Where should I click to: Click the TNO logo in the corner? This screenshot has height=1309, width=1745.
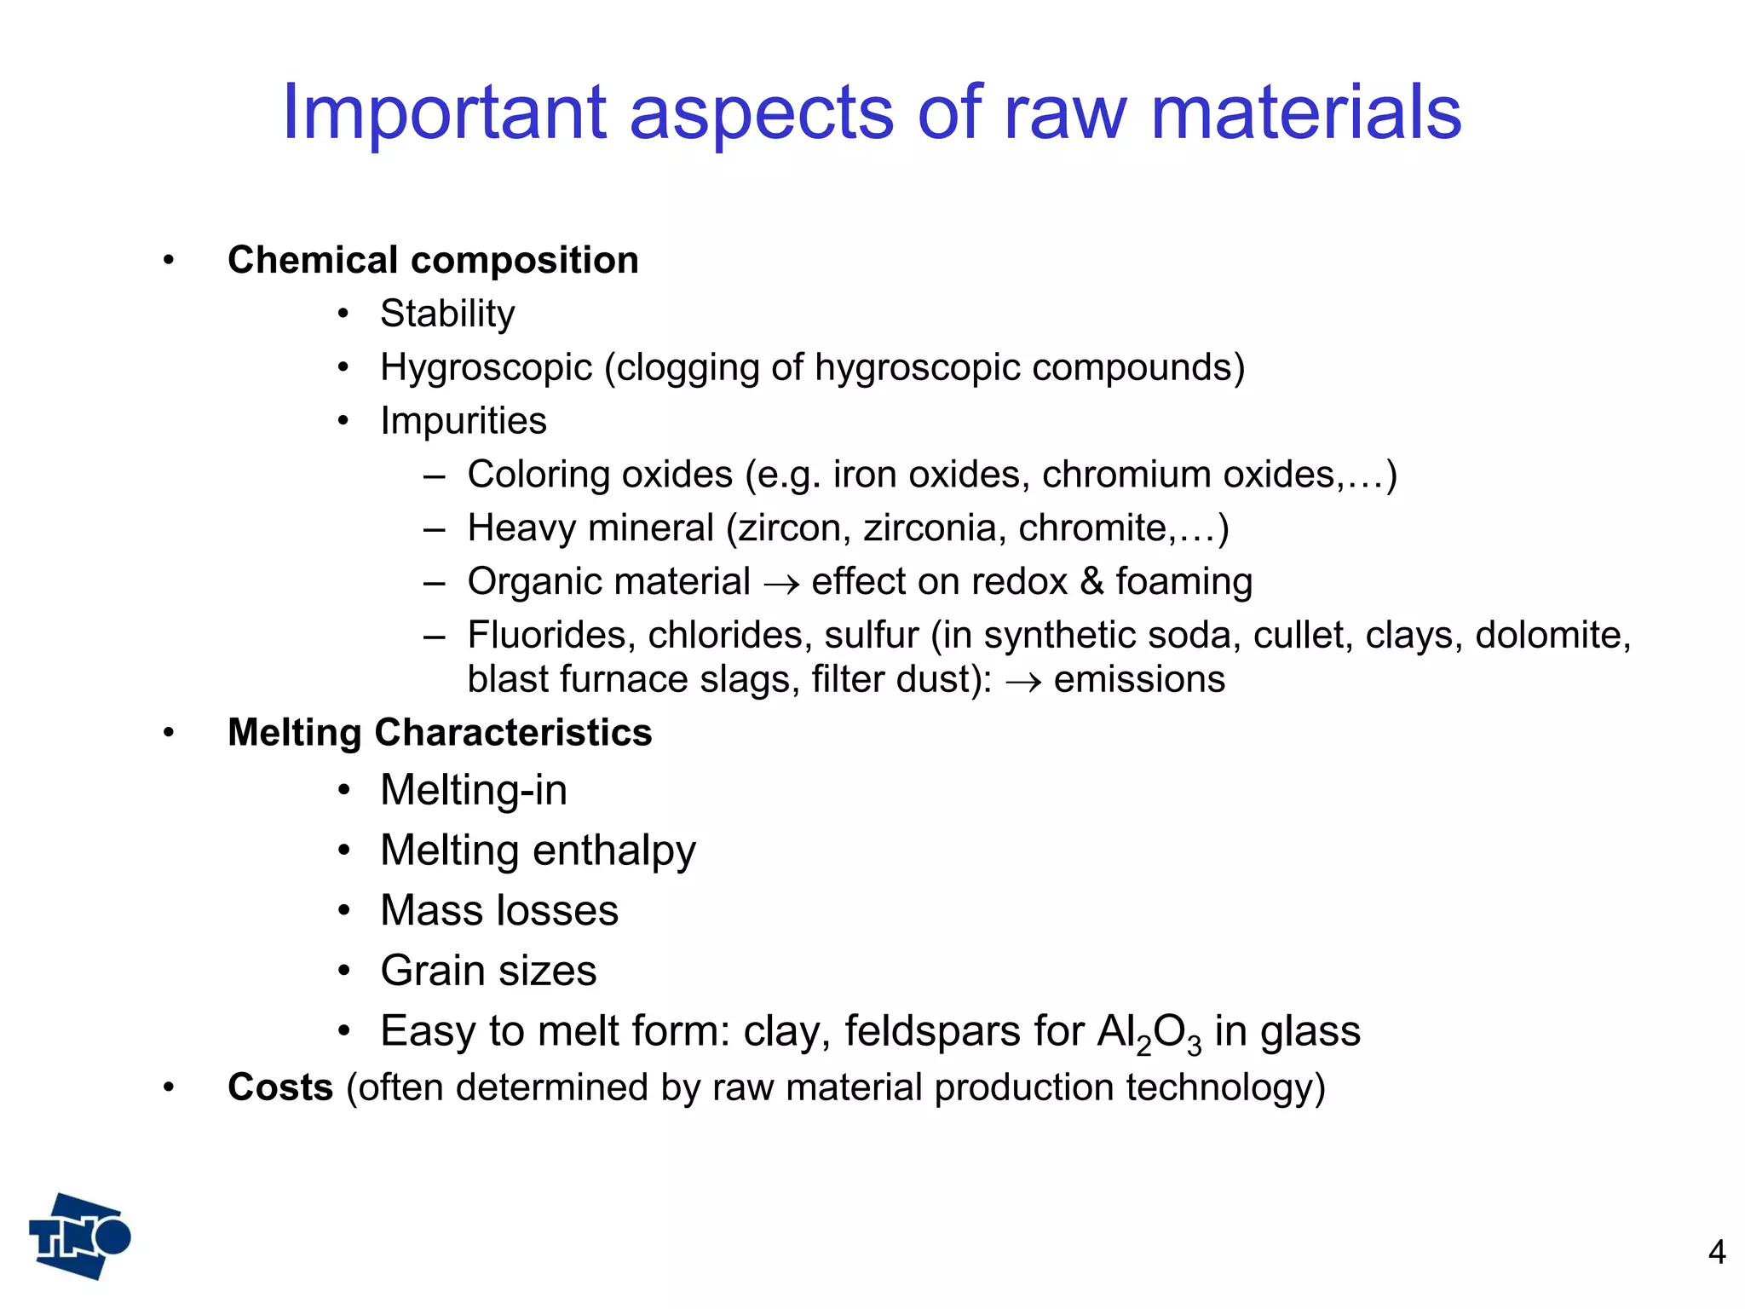pos(79,1237)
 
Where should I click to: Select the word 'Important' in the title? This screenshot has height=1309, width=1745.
pos(444,112)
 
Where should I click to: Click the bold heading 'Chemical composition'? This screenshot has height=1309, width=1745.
pos(433,260)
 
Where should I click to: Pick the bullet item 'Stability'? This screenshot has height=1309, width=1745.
pos(447,314)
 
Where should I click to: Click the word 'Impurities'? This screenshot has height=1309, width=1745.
pos(464,421)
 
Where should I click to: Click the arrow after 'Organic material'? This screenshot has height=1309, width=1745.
pos(780,584)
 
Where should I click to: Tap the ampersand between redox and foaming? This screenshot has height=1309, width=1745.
pos(1091,582)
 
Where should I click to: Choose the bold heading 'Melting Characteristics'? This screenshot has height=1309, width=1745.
pos(440,733)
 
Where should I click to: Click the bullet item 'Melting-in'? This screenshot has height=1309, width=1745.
pos(474,790)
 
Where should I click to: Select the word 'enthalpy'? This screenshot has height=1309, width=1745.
pos(613,851)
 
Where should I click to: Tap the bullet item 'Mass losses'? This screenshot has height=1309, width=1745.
pos(499,910)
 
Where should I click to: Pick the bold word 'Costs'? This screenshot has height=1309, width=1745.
pos(280,1087)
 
